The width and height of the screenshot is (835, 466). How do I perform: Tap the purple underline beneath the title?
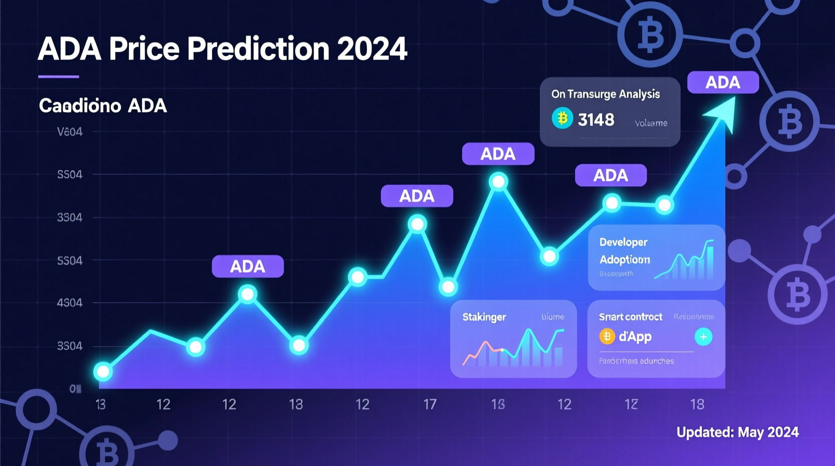pyautogui.click(x=59, y=76)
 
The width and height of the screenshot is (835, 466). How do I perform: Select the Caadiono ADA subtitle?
pyautogui.click(x=103, y=106)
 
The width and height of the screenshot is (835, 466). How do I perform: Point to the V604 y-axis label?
pyautogui.click(x=70, y=132)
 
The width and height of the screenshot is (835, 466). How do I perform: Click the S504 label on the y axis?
pyautogui.click(x=70, y=175)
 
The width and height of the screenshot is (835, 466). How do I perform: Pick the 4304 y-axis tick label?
pyautogui.click(x=70, y=303)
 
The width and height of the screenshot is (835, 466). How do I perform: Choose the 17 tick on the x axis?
pyautogui.click(x=430, y=404)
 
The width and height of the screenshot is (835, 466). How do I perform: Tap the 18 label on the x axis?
pyautogui.click(x=697, y=404)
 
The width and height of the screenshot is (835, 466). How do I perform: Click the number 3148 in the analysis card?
pyautogui.click(x=596, y=120)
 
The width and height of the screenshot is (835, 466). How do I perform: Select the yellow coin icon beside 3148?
pyautogui.click(x=563, y=119)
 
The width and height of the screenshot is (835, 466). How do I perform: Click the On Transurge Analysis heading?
pyautogui.click(x=605, y=94)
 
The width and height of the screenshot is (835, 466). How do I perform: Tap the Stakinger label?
pyautogui.click(x=484, y=317)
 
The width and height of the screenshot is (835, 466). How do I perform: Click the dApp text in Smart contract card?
pyautogui.click(x=635, y=336)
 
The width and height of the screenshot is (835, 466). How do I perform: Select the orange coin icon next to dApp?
pyautogui.click(x=607, y=336)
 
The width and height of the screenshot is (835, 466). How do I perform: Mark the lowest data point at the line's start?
pyautogui.click(x=103, y=372)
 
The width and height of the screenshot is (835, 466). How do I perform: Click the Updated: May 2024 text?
pyautogui.click(x=737, y=432)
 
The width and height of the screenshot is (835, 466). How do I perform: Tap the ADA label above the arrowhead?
pyautogui.click(x=723, y=82)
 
